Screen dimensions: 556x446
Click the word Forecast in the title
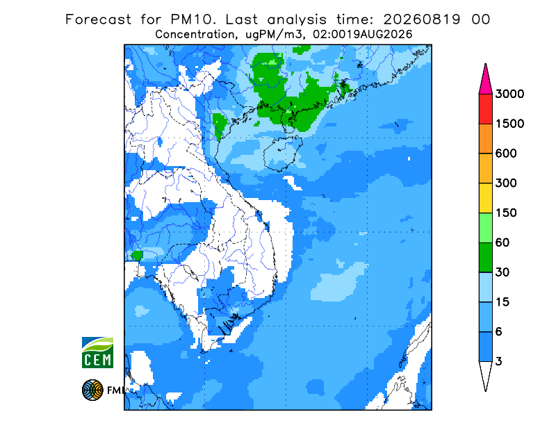(x=98, y=19)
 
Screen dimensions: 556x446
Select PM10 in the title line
(x=193, y=19)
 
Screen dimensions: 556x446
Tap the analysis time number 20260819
(x=422, y=19)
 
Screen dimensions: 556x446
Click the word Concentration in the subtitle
(x=195, y=35)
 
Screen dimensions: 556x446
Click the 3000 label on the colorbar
(x=509, y=94)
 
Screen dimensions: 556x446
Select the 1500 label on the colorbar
(x=509, y=124)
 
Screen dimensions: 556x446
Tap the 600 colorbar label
(x=506, y=154)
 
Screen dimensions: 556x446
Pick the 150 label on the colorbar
(x=506, y=213)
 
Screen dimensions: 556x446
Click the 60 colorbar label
(x=502, y=242)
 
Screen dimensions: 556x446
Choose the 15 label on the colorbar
(x=502, y=302)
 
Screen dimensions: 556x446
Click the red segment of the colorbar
(x=485, y=109)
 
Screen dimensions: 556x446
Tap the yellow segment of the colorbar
(x=485, y=198)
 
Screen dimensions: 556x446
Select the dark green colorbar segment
(x=485, y=258)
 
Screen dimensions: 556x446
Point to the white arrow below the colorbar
(x=485, y=375)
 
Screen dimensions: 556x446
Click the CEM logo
(x=97, y=352)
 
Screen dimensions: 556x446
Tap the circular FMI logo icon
(x=92, y=390)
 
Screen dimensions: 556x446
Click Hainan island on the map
(x=283, y=153)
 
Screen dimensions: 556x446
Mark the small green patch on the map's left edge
(x=137, y=255)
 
